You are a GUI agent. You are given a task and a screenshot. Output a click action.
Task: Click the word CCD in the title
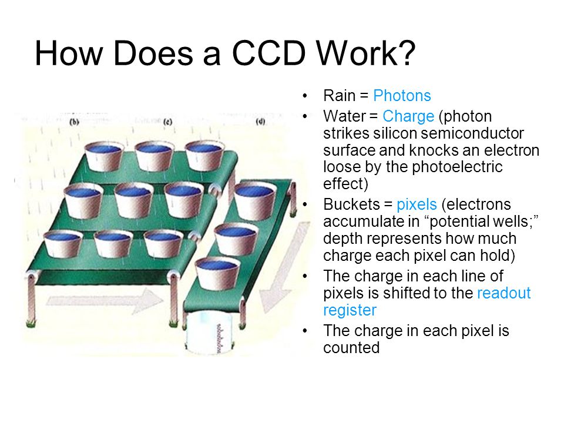268,53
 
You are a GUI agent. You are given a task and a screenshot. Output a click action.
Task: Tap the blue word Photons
402,96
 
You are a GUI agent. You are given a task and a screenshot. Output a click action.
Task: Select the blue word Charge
408,116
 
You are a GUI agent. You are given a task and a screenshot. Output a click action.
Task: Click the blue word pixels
417,204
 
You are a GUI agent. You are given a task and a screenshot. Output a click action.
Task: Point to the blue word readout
503,293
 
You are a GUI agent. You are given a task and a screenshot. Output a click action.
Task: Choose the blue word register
350,310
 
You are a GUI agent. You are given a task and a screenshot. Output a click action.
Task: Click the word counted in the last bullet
351,348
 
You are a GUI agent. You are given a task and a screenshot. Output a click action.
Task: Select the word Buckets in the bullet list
351,204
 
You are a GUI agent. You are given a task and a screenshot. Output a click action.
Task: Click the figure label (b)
74,122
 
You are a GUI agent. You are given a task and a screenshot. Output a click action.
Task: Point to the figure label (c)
167,122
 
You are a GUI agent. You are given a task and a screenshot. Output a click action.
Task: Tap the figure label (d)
260,122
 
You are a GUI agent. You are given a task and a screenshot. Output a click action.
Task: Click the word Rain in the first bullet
339,96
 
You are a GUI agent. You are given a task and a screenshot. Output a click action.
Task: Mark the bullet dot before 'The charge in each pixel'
305,331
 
